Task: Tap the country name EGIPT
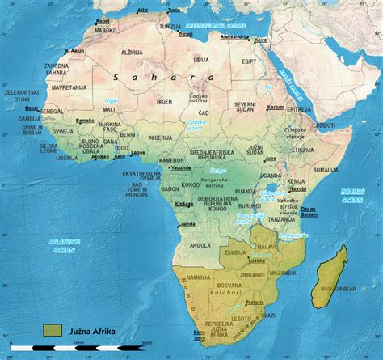(x=249, y=61)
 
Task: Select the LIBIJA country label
(x=200, y=59)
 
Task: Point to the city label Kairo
(x=260, y=40)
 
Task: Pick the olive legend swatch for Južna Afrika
(x=53, y=329)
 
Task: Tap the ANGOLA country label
(x=199, y=245)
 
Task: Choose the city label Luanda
(x=186, y=224)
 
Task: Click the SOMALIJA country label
(x=326, y=170)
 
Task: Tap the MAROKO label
(x=106, y=30)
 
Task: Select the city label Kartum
(x=276, y=107)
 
